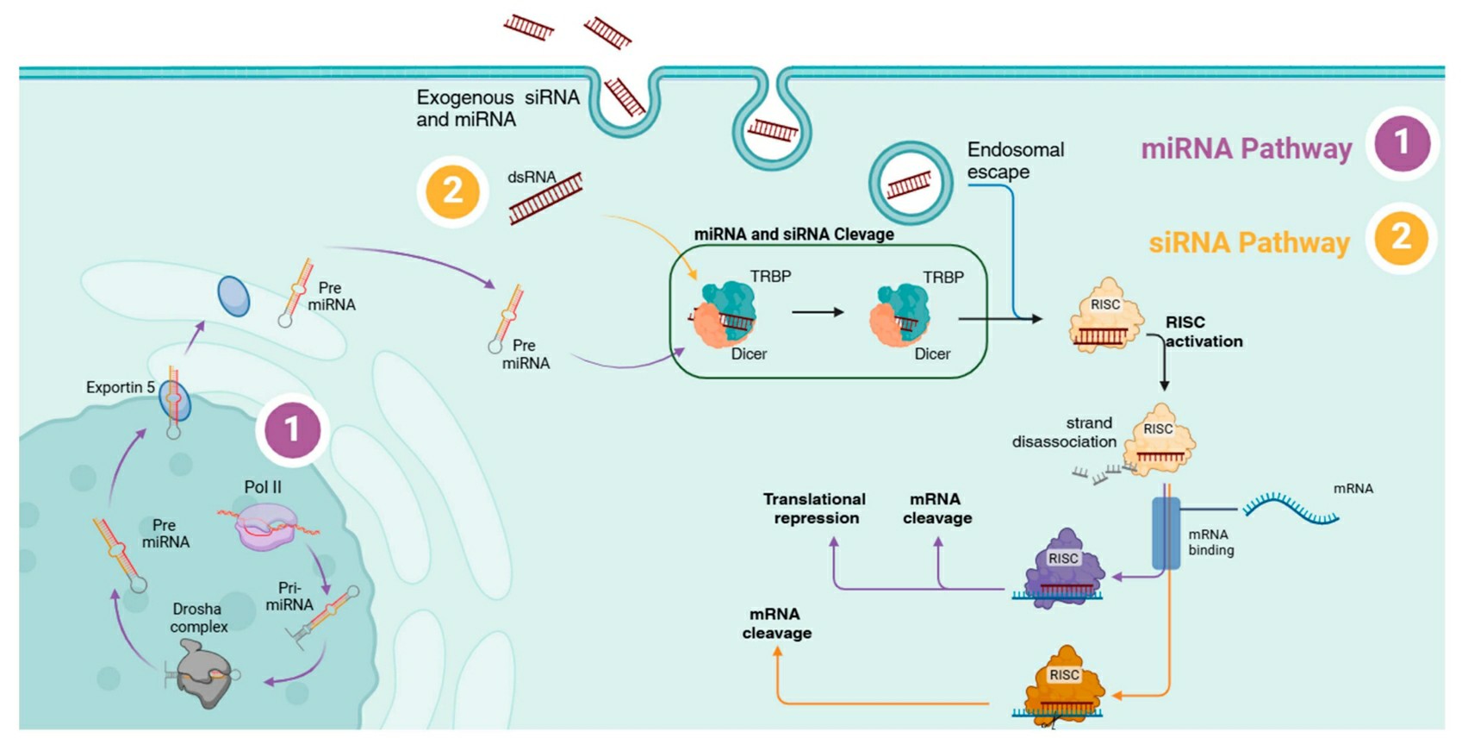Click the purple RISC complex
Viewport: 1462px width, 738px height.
click(1065, 569)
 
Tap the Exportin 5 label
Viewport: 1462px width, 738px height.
click(121, 388)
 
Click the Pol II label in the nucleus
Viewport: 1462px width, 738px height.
click(263, 487)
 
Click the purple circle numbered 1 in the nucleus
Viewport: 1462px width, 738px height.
click(292, 429)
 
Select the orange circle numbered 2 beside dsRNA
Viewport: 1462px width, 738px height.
click(452, 191)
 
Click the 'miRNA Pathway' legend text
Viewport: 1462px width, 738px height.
click(1246, 149)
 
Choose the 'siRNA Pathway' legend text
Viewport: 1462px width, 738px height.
click(1248, 243)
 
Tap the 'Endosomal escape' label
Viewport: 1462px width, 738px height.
click(1015, 160)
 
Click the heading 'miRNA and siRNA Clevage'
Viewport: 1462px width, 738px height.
click(793, 235)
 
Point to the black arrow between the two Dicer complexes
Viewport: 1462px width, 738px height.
click(817, 312)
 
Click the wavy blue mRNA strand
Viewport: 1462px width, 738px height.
click(1291, 508)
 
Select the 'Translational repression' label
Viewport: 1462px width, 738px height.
click(815, 509)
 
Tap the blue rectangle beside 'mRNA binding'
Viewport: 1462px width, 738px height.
click(1166, 533)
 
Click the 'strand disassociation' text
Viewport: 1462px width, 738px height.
click(1065, 432)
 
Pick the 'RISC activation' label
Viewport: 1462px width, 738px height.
click(1203, 332)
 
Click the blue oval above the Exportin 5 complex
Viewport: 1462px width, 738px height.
click(233, 296)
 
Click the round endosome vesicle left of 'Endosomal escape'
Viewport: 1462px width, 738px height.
click(910, 184)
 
